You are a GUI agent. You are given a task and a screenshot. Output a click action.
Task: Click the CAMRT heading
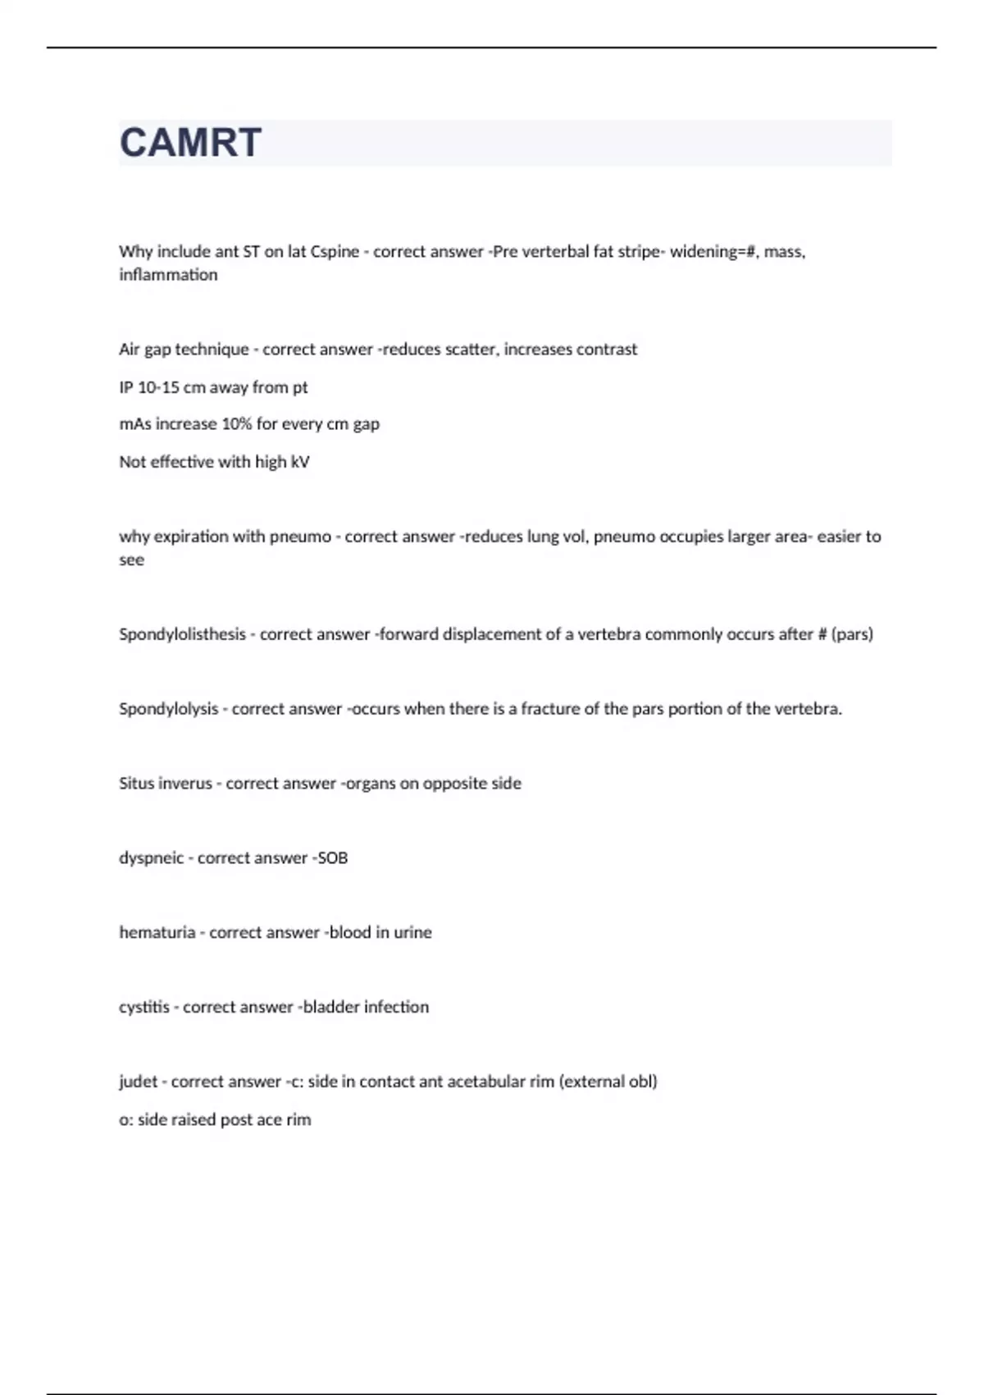coord(190,143)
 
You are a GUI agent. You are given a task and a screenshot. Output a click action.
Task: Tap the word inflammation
coord(168,275)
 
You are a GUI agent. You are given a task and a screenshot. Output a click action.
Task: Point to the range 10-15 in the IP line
coord(158,387)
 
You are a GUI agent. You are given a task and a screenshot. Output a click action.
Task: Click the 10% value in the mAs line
coord(237,424)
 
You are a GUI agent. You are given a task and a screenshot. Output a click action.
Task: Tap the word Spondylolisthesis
coord(182,634)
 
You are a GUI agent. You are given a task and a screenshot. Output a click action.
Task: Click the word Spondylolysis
coord(168,709)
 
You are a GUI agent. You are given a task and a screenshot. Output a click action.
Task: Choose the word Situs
coord(137,784)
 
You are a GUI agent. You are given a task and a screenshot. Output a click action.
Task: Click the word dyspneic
coord(151,858)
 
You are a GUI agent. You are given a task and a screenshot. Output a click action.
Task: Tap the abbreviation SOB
coord(332,858)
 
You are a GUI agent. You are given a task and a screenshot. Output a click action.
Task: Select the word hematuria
coord(157,933)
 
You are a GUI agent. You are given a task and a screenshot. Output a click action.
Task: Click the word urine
coord(412,933)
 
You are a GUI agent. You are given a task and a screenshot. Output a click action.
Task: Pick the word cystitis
coord(144,1008)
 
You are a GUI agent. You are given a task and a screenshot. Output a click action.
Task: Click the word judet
coord(138,1082)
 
